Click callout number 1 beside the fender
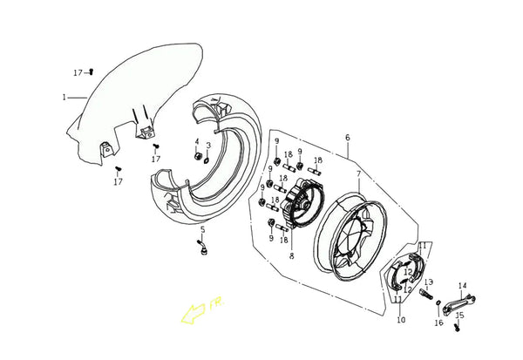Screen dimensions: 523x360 [64, 98]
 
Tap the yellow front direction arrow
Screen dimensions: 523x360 [193, 313]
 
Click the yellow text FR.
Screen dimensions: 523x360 [217, 303]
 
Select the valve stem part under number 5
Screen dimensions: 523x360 [202, 248]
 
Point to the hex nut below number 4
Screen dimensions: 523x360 [197, 156]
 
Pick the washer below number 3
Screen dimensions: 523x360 [207, 160]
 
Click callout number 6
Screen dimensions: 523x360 [348, 138]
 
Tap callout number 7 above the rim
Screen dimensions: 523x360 [359, 174]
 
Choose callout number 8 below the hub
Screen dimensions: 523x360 [292, 256]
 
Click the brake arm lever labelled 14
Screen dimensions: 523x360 [459, 303]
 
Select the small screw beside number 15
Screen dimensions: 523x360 [457, 327]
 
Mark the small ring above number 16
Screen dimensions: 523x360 [438, 302]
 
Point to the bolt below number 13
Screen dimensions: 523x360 [425, 294]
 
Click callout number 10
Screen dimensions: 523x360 [401, 320]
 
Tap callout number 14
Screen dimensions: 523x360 [463, 286]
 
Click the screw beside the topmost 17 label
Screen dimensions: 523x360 [92, 71]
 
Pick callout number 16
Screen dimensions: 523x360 [439, 323]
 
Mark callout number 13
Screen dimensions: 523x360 [429, 282]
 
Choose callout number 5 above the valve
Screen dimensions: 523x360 [203, 230]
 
